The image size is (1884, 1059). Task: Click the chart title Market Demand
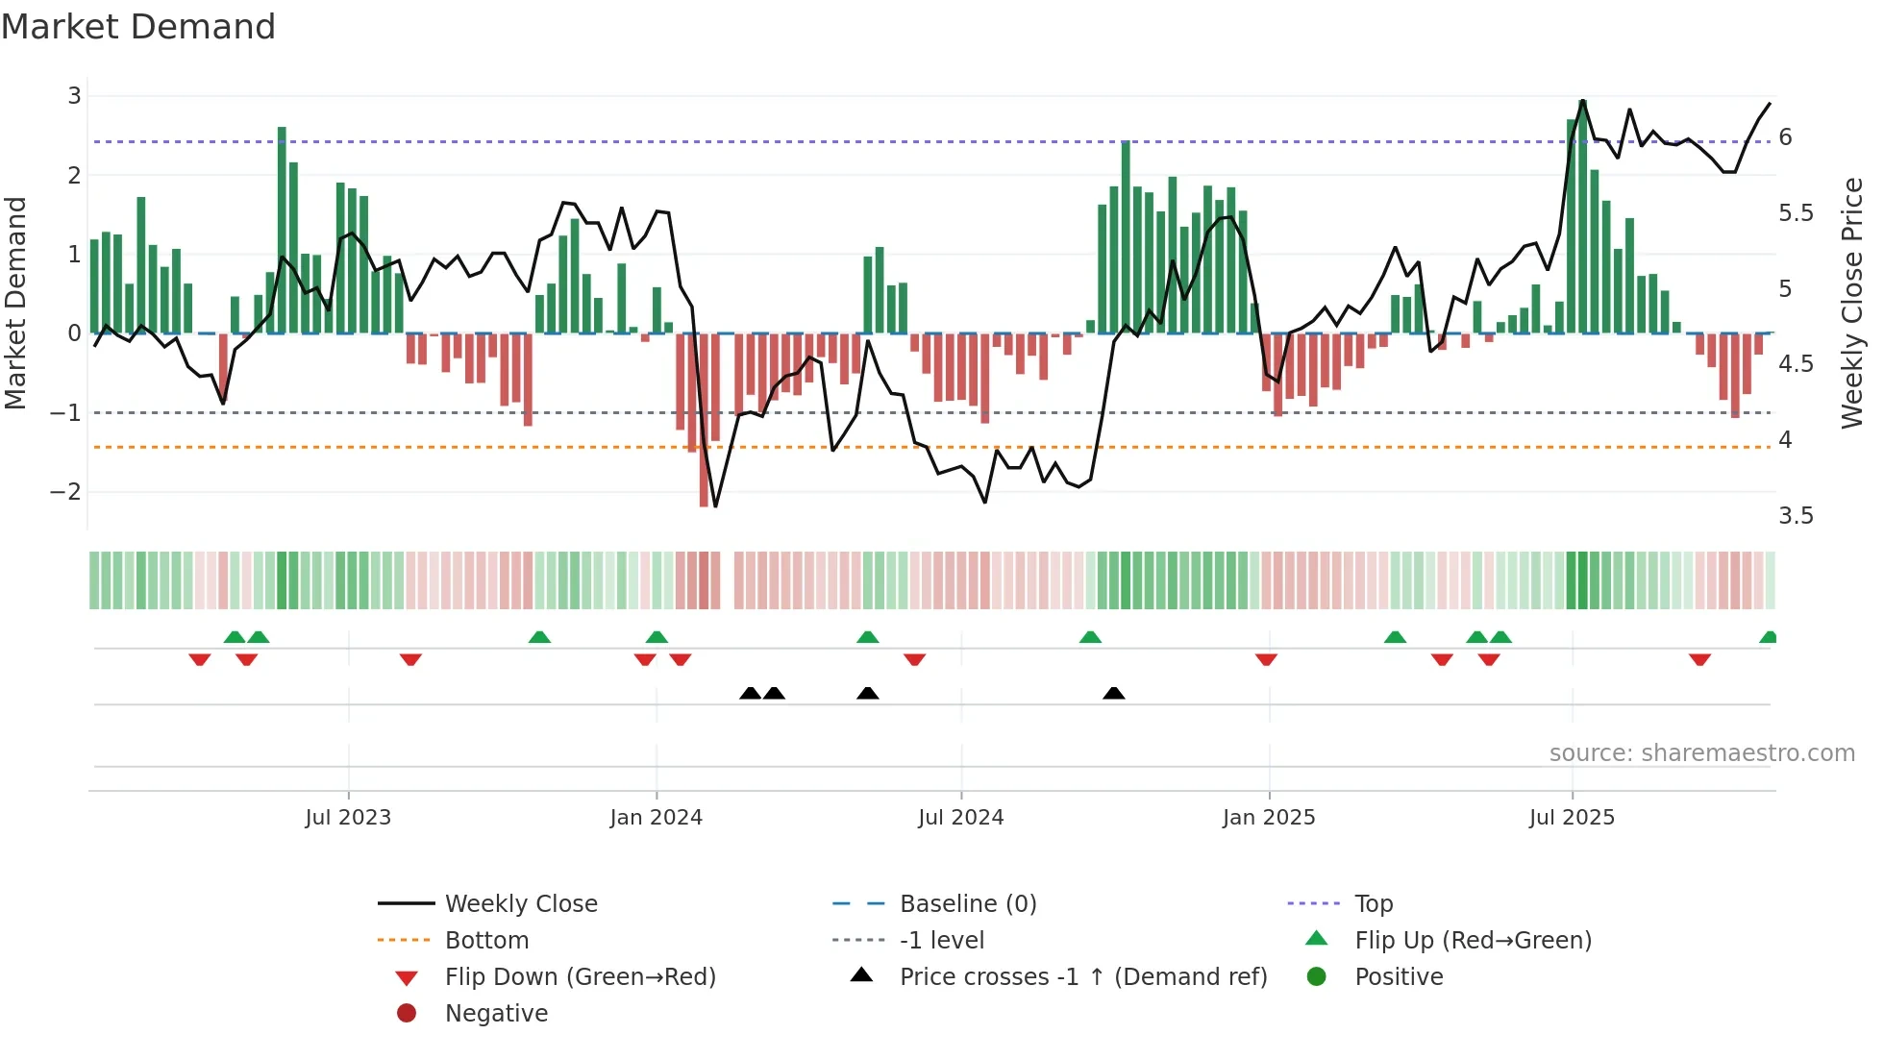(x=138, y=27)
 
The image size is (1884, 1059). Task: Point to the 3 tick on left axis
(x=74, y=96)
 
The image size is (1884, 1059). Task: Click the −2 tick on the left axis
(x=66, y=492)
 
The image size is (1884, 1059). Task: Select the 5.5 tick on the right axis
(x=1796, y=213)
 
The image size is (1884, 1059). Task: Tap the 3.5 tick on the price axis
(x=1796, y=516)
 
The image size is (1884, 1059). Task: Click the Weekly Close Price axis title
(x=1851, y=303)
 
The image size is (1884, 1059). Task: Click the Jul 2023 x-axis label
(x=348, y=818)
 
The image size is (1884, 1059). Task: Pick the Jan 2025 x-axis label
(x=1268, y=818)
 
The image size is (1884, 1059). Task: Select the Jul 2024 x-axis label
(x=960, y=818)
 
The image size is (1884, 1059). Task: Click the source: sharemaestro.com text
(x=1701, y=753)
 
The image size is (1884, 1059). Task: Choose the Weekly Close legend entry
(x=520, y=904)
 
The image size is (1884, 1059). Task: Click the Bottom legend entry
(x=486, y=941)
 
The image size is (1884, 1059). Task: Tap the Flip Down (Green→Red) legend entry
(x=580, y=977)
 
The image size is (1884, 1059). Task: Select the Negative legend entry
(x=496, y=1014)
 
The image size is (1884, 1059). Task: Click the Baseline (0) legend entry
(x=967, y=904)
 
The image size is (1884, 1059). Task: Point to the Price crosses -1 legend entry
(x=1082, y=977)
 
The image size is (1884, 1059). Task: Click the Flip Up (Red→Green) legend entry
(x=1473, y=941)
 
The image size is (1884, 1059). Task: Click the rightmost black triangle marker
(x=1113, y=694)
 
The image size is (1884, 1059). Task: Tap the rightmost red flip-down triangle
(x=1699, y=659)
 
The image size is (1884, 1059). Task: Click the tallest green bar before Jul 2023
(x=282, y=231)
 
